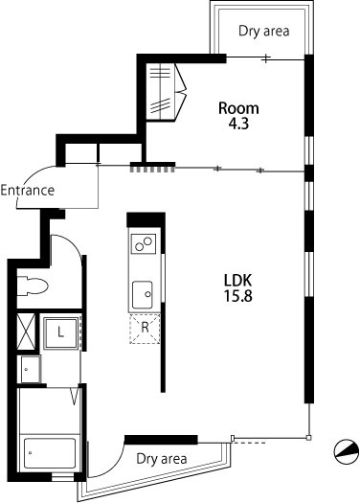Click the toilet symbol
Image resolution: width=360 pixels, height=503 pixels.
(x=32, y=286)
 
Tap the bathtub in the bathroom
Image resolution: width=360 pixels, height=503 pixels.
(x=50, y=453)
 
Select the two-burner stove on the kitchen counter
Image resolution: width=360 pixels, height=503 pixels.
(x=144, y=243)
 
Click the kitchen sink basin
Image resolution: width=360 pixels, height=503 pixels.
(x=143, y=294)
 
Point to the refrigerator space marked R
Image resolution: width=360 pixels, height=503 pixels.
(x=145, y=329)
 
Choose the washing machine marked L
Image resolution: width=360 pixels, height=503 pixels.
(x=61, y=332)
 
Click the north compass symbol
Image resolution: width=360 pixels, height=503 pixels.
(x=347, y=451)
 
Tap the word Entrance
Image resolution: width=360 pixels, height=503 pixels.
(x=28, y=191)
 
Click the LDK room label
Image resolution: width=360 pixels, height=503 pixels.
(x=237, y=281)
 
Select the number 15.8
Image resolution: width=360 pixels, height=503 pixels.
(x=237, y=296)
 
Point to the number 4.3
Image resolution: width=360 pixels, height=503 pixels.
(x=238, y=124)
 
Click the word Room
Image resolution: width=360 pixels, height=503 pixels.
(x=238, y=108)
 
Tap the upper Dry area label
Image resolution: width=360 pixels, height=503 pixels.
(x=264, y=31)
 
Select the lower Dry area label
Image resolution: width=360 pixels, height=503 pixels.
(x=161, y=459)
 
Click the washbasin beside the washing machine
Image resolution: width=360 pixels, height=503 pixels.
(x=31, y=369)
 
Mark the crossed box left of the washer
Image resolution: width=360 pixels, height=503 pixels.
(x=26, y=332)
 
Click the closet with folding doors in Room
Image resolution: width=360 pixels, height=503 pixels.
(x=166, y=92)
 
